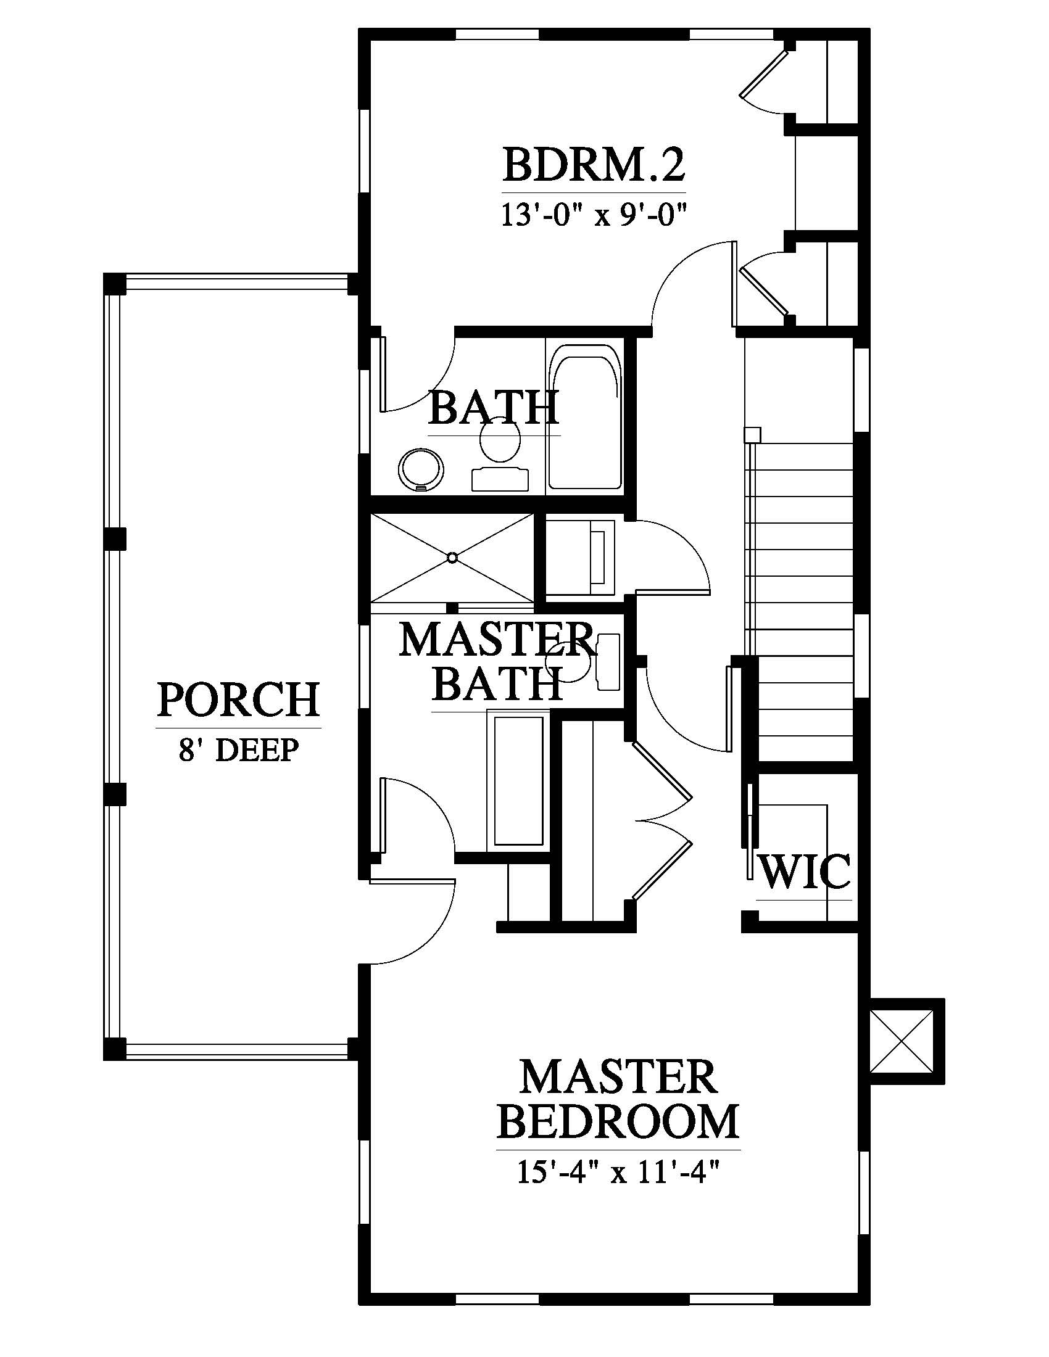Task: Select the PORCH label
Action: pos(239,699)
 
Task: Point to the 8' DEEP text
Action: pos(239,749)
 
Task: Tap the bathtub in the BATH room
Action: pos(585,416)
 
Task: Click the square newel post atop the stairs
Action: pos(753,434)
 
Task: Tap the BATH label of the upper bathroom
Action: pos(494,408)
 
